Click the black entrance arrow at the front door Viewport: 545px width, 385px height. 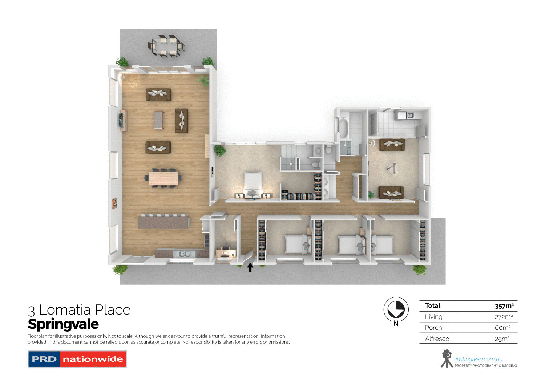250,267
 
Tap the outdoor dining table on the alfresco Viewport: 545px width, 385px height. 166,46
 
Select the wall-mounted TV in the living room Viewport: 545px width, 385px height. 121,119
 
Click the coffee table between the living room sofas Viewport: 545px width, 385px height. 158,120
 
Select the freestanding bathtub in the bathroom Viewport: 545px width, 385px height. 343,127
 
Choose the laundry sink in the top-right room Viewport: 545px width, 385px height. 410,115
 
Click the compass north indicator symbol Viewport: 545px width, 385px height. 396,309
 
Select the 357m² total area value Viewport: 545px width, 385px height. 504,306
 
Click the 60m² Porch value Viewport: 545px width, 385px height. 502,328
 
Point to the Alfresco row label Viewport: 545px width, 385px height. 437,339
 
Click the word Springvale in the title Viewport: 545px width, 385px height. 63,324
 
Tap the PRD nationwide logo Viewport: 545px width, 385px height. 77,359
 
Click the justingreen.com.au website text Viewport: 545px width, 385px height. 479,359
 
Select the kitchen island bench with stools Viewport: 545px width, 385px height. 163,222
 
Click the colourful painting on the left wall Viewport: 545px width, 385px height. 114,203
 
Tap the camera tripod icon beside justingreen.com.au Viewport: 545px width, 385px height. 447,358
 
